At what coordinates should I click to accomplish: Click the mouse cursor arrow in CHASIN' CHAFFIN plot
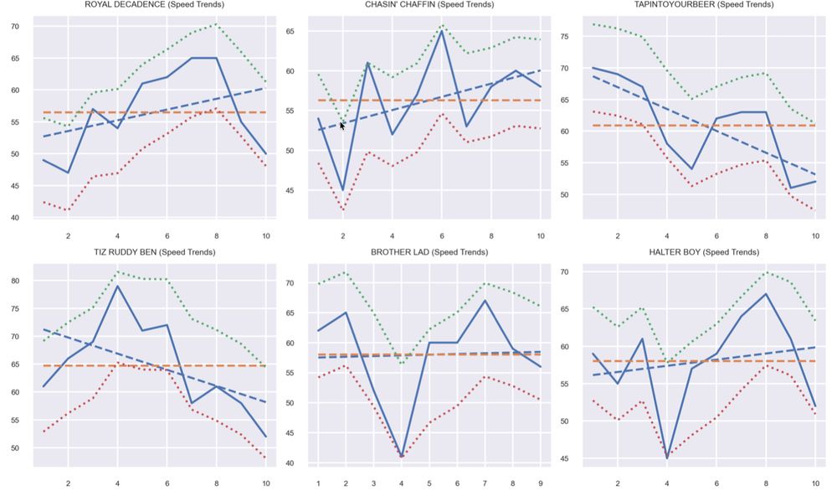point(342,126)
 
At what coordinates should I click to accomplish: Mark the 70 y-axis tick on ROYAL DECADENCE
point(15,27)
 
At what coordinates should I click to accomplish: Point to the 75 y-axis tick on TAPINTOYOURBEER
point(567,37)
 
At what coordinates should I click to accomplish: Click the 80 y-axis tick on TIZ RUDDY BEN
point(15,281)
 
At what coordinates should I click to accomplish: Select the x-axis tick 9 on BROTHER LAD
point(541,483)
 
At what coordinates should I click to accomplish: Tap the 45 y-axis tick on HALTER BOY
point(567,458)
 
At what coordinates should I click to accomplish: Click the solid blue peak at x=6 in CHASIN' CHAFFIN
point(441,31)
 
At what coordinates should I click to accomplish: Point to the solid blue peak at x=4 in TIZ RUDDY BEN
point(117,286)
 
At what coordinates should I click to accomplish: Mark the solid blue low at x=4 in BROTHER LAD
point(402,457)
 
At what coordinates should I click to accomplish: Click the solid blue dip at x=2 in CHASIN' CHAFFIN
point(342,191)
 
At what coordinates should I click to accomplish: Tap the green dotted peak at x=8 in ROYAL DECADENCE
point(216,24)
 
